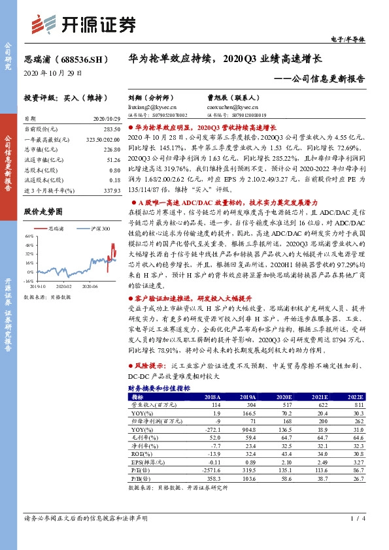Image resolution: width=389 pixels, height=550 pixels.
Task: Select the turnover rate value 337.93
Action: tap(110, 191)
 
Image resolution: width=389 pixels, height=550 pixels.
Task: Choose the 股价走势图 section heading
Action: tap(43, 212)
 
